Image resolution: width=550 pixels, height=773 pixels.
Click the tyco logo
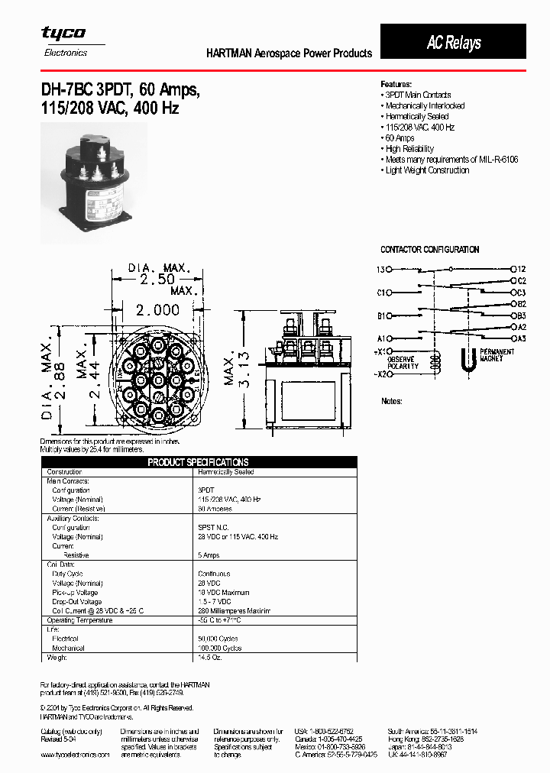click(63, 33)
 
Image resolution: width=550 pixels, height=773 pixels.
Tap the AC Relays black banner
click(453, 43)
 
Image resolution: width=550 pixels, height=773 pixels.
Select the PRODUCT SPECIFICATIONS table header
click(198, 462)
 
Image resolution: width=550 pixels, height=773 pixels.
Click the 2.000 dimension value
click(157, 309)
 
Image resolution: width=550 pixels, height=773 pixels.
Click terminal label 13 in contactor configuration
click(380, 270)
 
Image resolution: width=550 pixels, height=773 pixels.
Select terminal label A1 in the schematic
click(380, 338)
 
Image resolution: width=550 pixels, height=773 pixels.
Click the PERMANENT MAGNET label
click(497, 355)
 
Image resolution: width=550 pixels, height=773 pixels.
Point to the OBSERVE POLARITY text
click(403, 363)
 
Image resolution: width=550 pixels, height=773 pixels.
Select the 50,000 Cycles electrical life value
click(218, 638)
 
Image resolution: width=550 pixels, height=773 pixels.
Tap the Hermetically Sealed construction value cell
click(226, 472)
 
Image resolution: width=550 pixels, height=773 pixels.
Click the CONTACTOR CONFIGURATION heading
click(430, 250)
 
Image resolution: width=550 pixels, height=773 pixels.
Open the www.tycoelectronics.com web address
click(75, 755)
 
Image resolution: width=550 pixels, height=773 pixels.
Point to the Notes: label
click(391, 401)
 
